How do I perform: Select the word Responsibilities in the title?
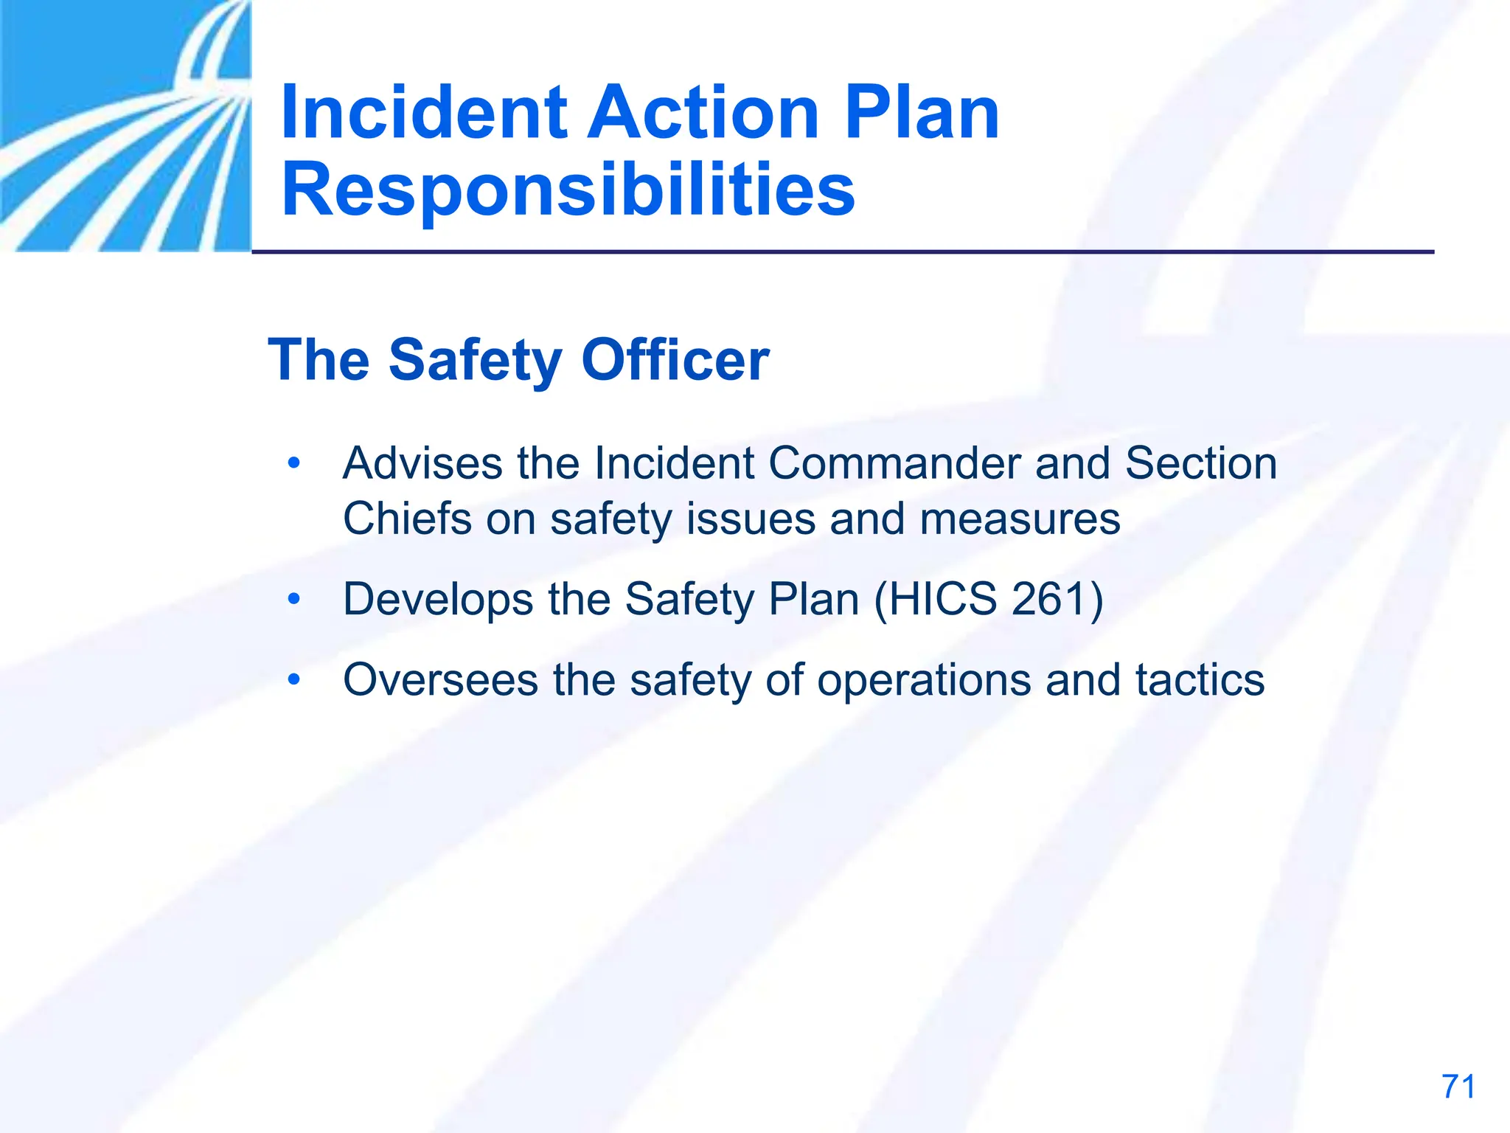(x=568, y=190)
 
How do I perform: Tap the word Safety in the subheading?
(x=475, y=360)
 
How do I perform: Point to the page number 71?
(x=1458, y=1087)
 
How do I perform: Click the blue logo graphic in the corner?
(x=125, y=125)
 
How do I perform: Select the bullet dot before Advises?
(x=294, y=464)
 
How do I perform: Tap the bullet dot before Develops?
(x=294, y=599)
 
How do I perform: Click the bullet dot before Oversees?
(x=294, y=680)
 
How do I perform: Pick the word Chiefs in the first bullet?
(x=407, y=519)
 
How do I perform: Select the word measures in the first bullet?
(x=1020, y=519)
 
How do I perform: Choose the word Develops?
(x=438, y=599)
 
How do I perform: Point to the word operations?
(x=925, y=680)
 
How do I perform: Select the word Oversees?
(x=440, y=680)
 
